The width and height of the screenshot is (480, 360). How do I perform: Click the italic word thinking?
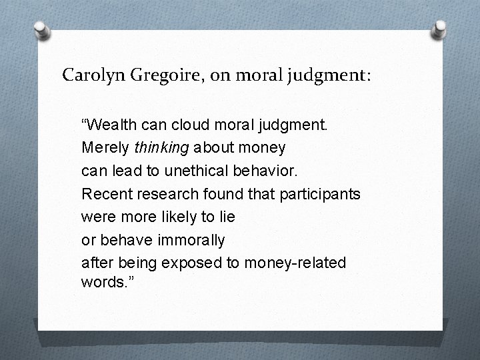pyautogui.click(x=157, y=147)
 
